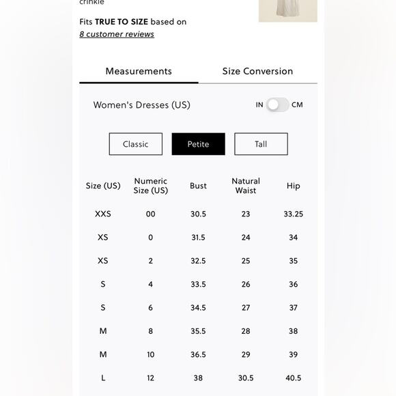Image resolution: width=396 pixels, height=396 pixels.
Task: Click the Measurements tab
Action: click(139, 72)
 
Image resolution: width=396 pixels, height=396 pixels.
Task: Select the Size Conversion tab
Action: click(257, 72)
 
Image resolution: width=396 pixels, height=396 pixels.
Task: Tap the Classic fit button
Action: click(136, 144)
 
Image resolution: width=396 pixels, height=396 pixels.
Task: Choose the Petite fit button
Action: click(198, 144)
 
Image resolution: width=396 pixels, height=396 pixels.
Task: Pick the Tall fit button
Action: click(261, 144)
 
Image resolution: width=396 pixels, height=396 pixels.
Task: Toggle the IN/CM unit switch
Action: click(277, 104)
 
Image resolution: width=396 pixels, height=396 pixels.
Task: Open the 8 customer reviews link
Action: click(117, 34)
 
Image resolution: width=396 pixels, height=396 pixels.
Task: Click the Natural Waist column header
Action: click(246, 186)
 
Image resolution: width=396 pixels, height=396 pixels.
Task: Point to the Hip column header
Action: click(294, 186)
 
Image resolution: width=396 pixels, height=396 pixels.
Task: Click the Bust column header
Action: click(198, 186)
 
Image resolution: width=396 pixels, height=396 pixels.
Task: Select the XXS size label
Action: click(103, 214)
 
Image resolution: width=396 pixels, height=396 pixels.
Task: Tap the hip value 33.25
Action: click(294, 214)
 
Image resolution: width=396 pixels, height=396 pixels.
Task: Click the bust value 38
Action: click(198, 378)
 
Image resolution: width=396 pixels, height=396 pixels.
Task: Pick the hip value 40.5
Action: click(294, 378)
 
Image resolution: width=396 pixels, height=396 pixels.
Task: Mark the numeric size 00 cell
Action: click(151, 214)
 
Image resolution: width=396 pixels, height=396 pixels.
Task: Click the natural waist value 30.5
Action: click(246, 378)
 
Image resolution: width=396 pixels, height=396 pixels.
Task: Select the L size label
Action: click(103, 378)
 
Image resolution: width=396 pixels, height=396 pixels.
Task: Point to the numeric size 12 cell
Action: click(151, 378)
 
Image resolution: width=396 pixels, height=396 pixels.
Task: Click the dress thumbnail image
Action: click(287, 10)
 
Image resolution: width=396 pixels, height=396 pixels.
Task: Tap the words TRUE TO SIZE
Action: click(122, 22)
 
